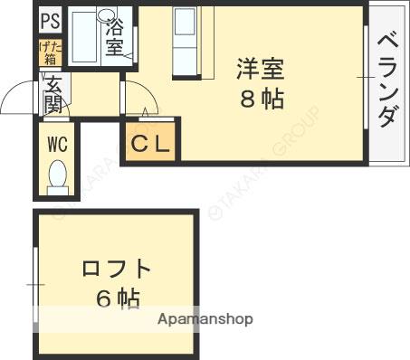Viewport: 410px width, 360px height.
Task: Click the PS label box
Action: pos(51,20)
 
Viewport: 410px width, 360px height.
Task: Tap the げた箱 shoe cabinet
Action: pos(51,52)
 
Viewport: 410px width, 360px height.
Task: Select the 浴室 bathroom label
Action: pos(115,37)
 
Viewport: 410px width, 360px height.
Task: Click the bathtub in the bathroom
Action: pos(84,37)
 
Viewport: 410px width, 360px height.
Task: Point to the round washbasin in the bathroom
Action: pos(107,14)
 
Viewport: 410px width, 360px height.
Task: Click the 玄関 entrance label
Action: pos(53,95)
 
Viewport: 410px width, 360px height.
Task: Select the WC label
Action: pos(57,145)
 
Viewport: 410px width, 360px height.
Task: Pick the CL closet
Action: pos(150,141)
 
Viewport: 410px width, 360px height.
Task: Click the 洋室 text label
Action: pos(260,69)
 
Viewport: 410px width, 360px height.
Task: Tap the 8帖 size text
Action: pos(262,99)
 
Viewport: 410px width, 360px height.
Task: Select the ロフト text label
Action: pos(116,269)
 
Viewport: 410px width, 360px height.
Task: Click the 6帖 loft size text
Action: pos(118,298)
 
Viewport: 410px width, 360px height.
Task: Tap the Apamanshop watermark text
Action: pos(205,319)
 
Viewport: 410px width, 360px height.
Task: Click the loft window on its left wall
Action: pos(35,285)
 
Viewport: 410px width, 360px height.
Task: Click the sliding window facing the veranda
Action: pos(366,78)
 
